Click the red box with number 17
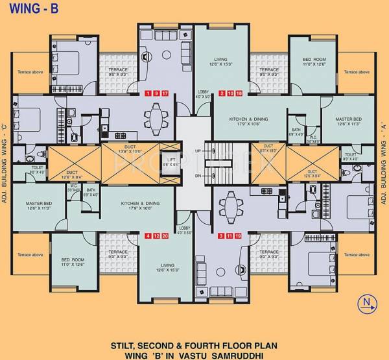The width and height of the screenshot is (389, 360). coord(165,93)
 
